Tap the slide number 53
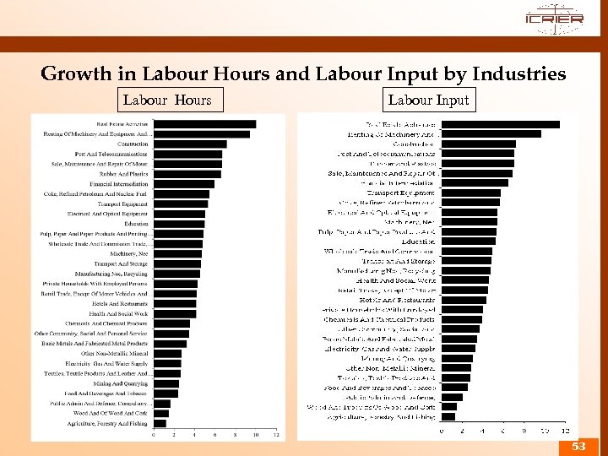pyautogui.click(x=578, y=445)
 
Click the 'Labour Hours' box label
pyautogui.click(x=167, y=100)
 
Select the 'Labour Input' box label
pyautogui.click(x=428, y=100)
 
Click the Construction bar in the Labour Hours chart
pyautogui.click(x=190, y=144)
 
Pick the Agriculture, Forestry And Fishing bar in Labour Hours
pyautogui.click(x=160, y=422)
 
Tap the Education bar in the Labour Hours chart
pyautogui.click(x=178, y=224)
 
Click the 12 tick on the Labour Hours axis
pyautogui.click(x=276, y=436)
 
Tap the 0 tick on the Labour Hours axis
pyautogui.click(x=153, y=436)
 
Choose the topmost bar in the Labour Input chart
pyautogui.click(x=501, y=124)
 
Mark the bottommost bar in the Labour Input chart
pyautogui.click(x=448, y=416)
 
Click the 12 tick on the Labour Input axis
pyautogui.click(x=564, y=431)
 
